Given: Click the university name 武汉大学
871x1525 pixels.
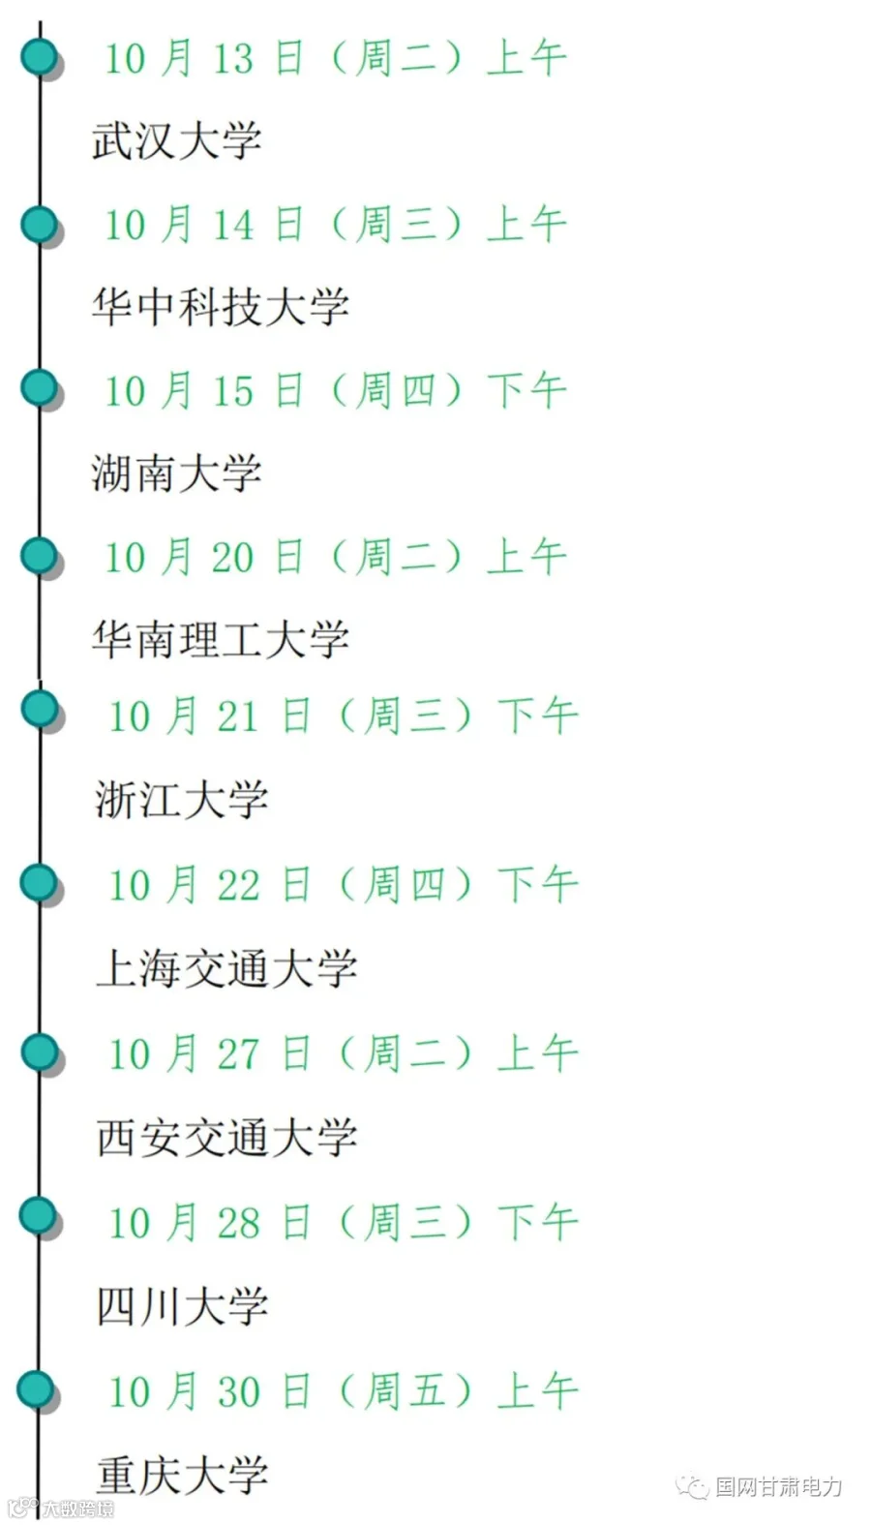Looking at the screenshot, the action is point(177,141).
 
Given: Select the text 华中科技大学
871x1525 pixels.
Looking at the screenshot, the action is point(221,307).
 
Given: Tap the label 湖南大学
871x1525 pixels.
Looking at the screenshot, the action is point(177,473).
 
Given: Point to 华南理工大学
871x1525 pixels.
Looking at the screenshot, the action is point(221,640).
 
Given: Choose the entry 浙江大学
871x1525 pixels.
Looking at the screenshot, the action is point(182,799).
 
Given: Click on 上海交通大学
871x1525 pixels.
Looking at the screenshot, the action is point(226,968).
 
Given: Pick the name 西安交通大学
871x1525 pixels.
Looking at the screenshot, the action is point(226,1137).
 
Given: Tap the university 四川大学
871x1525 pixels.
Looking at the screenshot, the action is point(182,1306).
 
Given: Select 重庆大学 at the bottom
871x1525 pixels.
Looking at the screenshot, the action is point(182,1475).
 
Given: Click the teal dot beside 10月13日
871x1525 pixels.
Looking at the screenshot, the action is point(40,56).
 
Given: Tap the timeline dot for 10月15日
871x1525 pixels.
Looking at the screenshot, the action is point(40,388).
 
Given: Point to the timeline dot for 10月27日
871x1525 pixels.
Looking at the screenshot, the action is point(40,1052).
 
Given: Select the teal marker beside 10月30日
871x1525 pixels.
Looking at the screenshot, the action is point(36,1389).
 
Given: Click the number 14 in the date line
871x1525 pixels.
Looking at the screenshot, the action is point(233,225).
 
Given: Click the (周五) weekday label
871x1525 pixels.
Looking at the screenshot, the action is point(405,1390).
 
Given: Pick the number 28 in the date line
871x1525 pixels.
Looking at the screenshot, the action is point(239,1224).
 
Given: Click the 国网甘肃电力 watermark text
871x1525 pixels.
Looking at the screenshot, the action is point(778,1487).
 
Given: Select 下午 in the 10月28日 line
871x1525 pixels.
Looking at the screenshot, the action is point(537,1223).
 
